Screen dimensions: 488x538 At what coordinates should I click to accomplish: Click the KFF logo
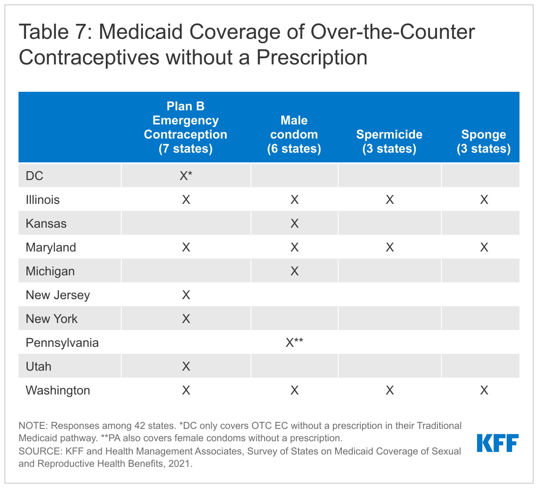click(497, 443)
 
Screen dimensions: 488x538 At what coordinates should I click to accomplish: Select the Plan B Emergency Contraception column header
click(186, 128)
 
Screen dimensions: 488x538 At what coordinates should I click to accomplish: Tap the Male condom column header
click(294, 135)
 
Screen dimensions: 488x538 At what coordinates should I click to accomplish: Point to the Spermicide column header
click(389, 142)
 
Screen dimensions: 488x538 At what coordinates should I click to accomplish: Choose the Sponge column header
click(484, 142)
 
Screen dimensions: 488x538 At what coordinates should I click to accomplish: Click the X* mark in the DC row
click(186, 176)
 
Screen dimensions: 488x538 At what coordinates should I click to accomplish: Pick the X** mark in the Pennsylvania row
click(294, 342)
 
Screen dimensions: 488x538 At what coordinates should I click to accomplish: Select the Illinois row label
click(43, 200)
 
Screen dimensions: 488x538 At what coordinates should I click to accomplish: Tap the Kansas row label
click(46, 224)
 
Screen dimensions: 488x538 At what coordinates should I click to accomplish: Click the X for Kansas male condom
click(295, 224)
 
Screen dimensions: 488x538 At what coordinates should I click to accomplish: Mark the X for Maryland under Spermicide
click(390, 248)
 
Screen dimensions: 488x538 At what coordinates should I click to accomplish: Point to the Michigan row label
click(50, 271)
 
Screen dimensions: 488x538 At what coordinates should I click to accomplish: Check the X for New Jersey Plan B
click(186, 295)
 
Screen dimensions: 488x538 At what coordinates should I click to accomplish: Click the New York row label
click(52, 319)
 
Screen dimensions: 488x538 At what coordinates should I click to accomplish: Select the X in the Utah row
click(186, 367)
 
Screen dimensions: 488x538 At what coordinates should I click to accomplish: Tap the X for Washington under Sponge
click(484, 390)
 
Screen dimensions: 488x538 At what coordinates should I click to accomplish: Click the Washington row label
click(58, 390)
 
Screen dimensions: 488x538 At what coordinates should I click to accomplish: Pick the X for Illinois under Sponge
click(484, 200)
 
